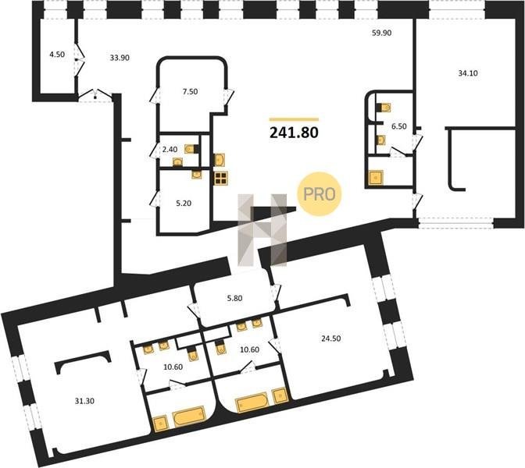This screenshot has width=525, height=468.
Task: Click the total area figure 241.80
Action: (294, 133)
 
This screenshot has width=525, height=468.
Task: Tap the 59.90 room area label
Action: (382, 33)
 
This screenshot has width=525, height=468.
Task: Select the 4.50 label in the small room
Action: (57, 54)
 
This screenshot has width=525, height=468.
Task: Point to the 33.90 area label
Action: (120, 58)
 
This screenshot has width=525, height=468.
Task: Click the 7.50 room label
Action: (190, 91)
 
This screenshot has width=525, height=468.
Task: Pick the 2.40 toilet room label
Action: (170, 150)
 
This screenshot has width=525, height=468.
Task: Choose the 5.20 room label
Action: (184, 203)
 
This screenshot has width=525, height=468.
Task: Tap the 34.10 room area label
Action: (468, 73)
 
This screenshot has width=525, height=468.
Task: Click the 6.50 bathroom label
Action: (398, 126)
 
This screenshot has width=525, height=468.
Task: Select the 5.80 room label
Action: (234, 298)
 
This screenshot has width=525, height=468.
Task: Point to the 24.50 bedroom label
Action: (330, 339)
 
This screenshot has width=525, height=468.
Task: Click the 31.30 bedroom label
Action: (84, 401)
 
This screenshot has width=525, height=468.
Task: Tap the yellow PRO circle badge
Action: (319, 194)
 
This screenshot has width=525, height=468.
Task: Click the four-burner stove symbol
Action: (221, 178)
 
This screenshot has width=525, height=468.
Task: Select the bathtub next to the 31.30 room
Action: (188, 416)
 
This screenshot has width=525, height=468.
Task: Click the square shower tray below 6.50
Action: (376, 178)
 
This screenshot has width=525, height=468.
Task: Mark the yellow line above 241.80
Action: (294, 119)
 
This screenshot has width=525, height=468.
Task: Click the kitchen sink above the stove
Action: (220, 159)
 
